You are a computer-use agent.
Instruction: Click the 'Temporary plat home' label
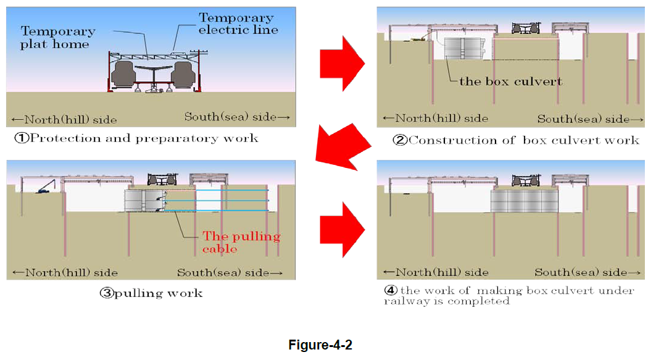pos(58,37)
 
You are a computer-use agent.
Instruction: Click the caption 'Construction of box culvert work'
pos(517,140)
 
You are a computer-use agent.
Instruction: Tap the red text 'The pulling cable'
pos(241,242)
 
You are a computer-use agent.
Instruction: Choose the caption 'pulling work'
pos(151,293)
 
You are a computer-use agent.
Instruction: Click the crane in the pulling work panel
pos(46,186)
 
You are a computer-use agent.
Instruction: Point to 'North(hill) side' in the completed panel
pos(436,272)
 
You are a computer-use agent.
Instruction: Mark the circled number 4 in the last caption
pos(390,290)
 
